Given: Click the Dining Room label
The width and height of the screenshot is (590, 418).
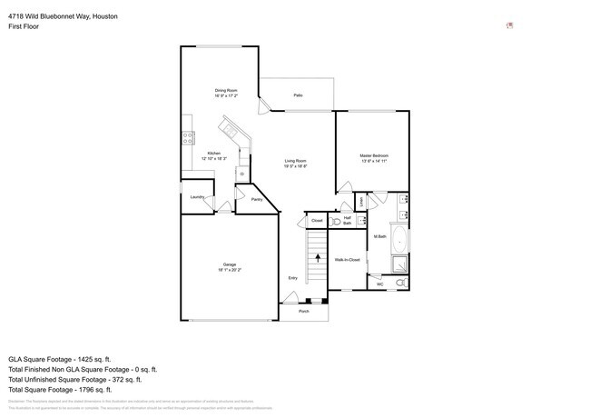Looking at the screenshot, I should pyautogui.click(x=226, y=90).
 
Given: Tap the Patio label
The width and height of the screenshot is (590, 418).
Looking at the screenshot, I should pyautogui.click(x=298, y=95).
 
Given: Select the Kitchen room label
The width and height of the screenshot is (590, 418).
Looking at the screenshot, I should pyautogui.click(x=213, y=154).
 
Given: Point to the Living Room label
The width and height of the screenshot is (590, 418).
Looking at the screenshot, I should pyautogui.click(x=296, y=162).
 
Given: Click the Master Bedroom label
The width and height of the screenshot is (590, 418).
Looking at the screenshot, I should pyautogui.click(x=374, y=156).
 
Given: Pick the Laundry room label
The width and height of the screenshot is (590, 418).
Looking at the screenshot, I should pyautogui.click(x=196, y=197).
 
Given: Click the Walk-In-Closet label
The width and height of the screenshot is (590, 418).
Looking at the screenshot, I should pyautogui.click(x=348, y=260).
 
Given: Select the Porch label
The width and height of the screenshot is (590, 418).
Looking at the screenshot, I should pyautogui.click(x=304, y=312).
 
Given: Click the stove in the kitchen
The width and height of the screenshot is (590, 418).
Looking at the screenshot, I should pyautogui.click(x=188, y=138).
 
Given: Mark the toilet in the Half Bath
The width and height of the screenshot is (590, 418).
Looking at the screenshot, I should pyautogui.click(x=336, y=220).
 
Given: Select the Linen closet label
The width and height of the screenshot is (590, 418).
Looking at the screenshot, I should pyautogui.click(x=360, y=201).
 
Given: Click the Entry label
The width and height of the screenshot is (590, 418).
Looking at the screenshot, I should pyautogui.click(x=292, y=278).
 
